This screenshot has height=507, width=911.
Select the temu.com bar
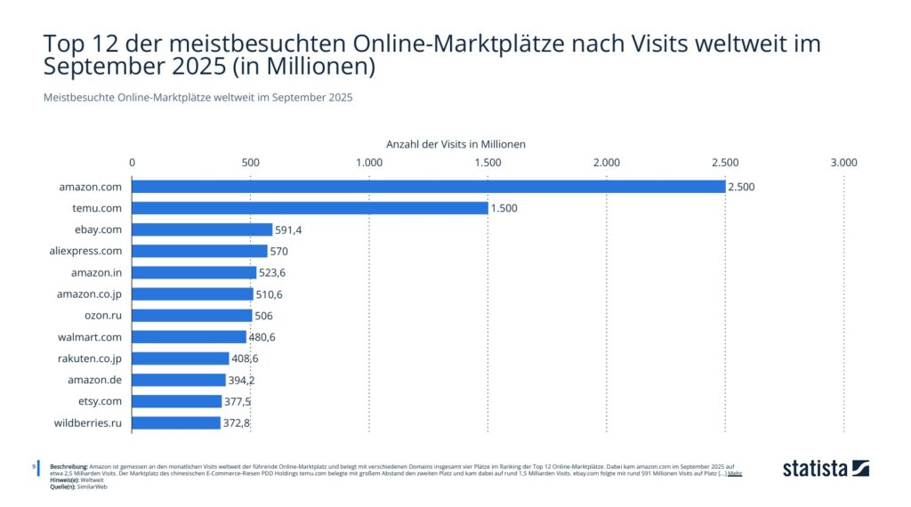(x=310, y=208)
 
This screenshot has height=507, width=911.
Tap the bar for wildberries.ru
(x=176, y=422)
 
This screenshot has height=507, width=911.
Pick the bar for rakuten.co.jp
(x=181, y=358)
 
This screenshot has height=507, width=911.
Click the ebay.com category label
(x=98, y=229)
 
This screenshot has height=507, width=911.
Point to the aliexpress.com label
(x=87, y=251)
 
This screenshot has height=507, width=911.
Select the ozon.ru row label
(x=103, y=316)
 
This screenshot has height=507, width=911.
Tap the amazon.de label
(x=95, y=380)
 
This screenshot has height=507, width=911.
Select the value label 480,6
(x=263, y=337)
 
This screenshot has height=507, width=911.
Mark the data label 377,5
(x=238, y=401)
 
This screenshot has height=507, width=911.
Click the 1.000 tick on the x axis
(x=369, y=163)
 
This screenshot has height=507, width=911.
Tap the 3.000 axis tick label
(x=843, y=163)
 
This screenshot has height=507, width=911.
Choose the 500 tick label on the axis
(x=251, y=163)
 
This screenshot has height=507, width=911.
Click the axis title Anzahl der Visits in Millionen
(x=455, y=143)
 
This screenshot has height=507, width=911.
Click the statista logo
(x=826, y=469)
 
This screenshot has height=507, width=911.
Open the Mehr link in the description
(x=734, y=473)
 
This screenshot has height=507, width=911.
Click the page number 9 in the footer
(x=34, y=466)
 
